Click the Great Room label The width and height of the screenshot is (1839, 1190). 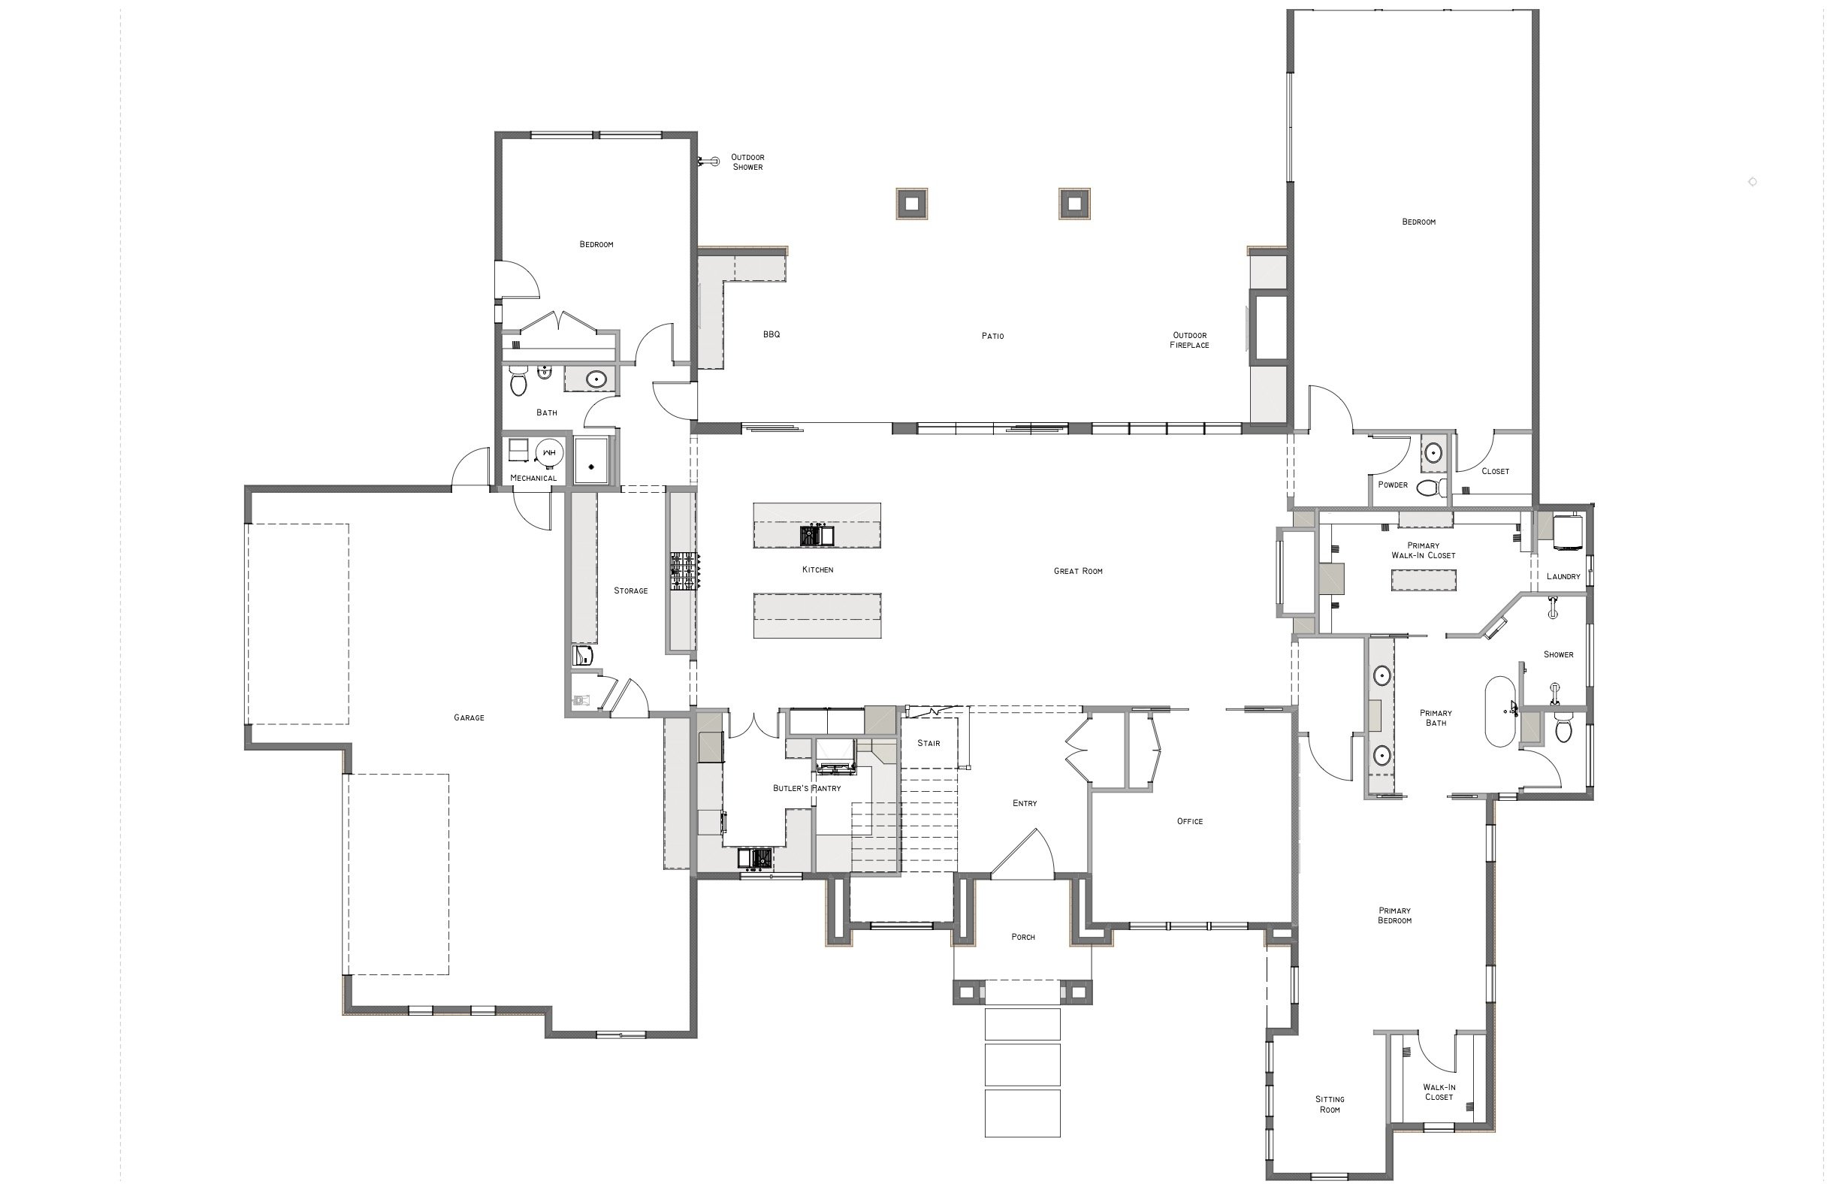[x=1077, y=571]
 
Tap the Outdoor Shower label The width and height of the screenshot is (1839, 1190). [x=747, y=162]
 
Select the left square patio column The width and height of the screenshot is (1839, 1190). [x=911, y=204]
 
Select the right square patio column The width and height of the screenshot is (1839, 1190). [x=1074, y=204]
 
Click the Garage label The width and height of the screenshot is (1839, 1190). [x=468, y=718]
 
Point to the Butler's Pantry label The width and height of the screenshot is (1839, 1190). [x=806, y=788]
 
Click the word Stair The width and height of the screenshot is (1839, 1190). [x=928, y=743]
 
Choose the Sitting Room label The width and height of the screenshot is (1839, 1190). [x=1329, y=1104]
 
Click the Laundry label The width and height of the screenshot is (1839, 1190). [x=1563, y=576]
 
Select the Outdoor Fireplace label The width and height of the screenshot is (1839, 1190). [x=1189, y=340]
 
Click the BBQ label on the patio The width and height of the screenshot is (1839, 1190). [x=772, y=334]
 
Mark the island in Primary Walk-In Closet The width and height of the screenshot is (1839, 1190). [x=1424, y=580]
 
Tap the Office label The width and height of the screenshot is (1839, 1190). [x=1189, y=821]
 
